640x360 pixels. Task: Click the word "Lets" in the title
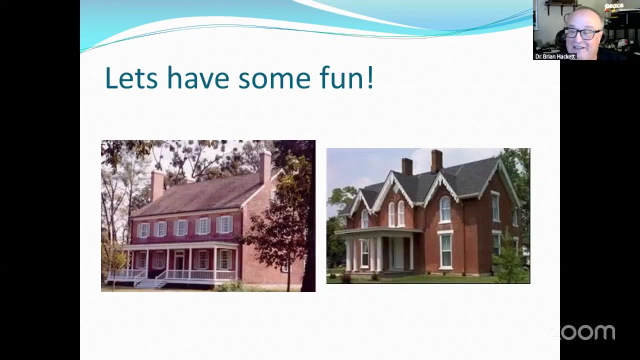pos(131,77)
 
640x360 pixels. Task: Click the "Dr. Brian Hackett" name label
pos(555,56)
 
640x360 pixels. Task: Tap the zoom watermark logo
pos(583,332)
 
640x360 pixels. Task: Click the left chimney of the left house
pos(157,185)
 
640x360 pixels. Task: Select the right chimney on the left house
pos(265,166)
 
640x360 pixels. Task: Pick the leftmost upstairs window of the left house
pos(144,230)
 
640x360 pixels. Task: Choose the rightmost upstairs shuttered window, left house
pos(225,224)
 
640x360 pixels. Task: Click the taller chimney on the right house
pos(437,161)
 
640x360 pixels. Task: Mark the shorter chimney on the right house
pos(407,166)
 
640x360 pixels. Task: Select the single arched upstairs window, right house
pos(445,209)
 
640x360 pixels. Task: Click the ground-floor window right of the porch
pos(445,251)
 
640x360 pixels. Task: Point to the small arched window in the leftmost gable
pos(365,219)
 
